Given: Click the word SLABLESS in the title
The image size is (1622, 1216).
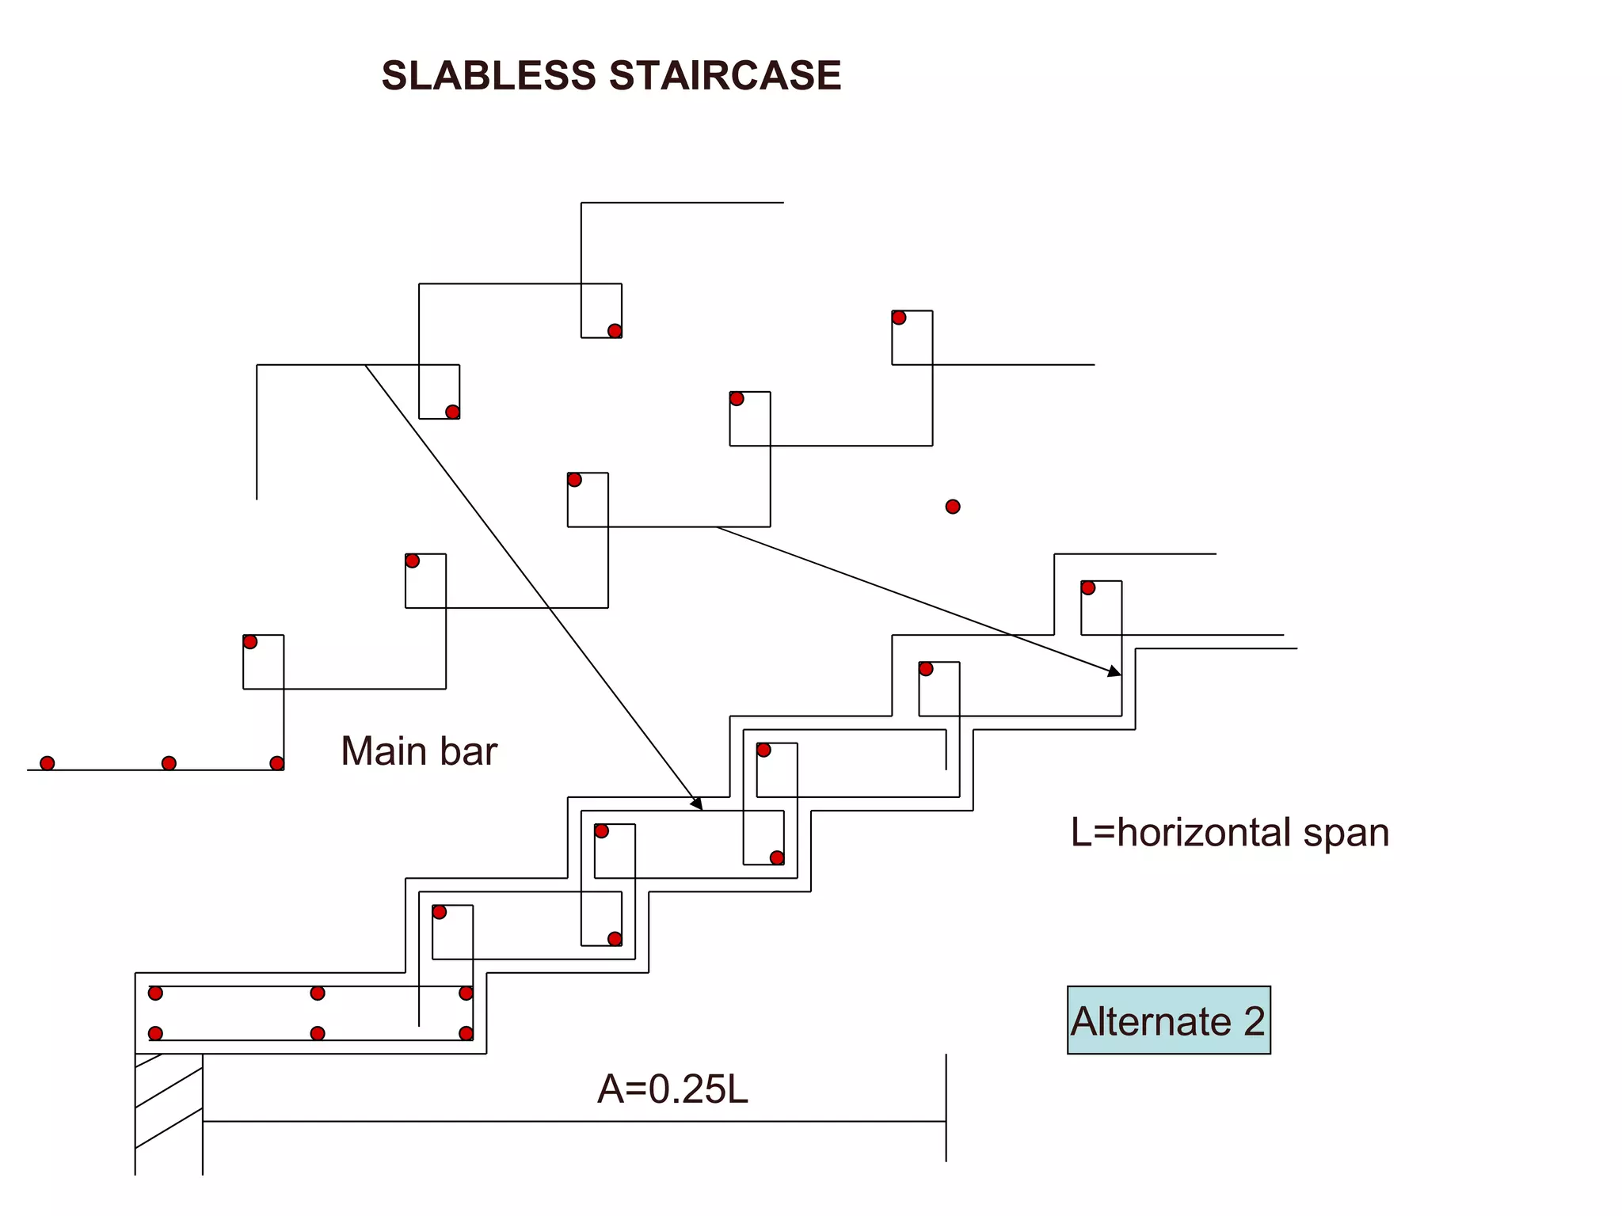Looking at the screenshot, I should [x=488, y=76].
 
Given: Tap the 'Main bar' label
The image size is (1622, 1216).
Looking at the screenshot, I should [x=418, y=751].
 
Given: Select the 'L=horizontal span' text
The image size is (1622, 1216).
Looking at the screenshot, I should [x=1229, y=833].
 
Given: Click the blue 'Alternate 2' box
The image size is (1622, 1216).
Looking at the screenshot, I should [x=1168, y=1020].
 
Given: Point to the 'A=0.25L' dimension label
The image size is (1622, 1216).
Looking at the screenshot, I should [x=672, y=1089].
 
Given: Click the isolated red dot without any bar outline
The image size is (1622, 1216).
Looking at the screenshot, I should [x=953, y=507].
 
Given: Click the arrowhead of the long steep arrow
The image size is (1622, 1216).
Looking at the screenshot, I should [x=698, y=805].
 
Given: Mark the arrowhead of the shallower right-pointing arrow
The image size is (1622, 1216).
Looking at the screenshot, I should [x=1116, y=673].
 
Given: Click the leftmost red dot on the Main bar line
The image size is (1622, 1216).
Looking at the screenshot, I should [x=48, y=763].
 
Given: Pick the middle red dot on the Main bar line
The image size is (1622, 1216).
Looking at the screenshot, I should [x=169, y=763].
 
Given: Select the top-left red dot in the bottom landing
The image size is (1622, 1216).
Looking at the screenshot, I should [x=155, y=993].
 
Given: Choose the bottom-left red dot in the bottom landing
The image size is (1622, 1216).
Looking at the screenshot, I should [x=155, y=1033].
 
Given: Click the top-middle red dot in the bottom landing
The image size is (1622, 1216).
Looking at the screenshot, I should [x=318, y=993].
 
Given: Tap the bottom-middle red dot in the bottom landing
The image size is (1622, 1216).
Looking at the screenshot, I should [x=318, y=1033].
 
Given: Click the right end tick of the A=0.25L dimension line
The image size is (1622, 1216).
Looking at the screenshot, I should [x=946, y=1121].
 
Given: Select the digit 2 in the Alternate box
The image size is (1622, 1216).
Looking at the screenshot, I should [x=1254, y=1021].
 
